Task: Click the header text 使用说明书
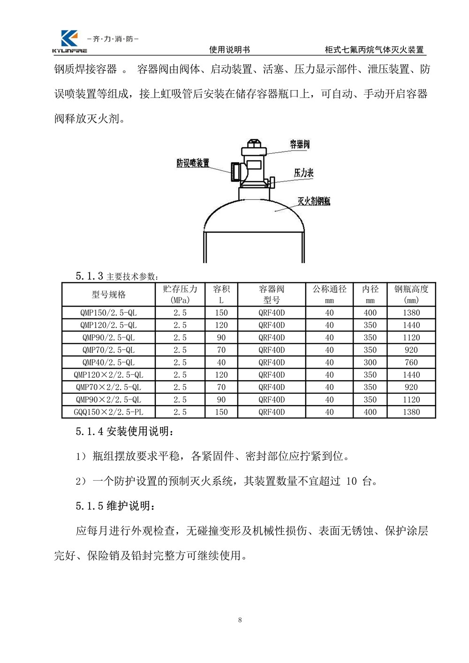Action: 229,50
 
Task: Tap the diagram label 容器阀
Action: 299,144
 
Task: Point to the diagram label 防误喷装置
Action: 193,163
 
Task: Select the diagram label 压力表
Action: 303,173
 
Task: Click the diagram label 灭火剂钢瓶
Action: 314,201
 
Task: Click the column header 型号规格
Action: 109,294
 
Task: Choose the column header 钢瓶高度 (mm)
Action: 411,294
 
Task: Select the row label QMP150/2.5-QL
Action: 109,313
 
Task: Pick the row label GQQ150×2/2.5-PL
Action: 109,412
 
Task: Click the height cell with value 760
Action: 411,362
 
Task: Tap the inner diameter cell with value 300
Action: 370,362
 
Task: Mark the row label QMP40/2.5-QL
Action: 109,362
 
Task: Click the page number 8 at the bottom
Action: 240,620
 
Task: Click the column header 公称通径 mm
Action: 329,294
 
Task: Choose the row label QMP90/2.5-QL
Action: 109,338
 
